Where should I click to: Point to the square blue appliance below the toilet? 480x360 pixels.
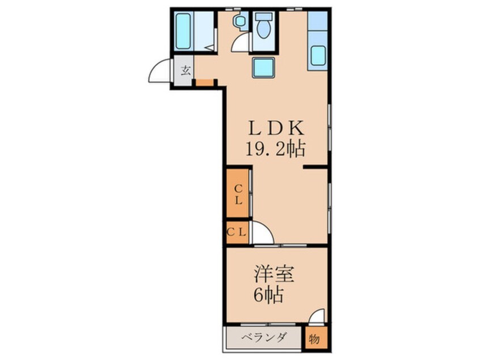point(263,68)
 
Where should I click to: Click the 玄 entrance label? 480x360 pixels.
point(185,71)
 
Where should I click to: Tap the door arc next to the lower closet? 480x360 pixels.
point(262,232)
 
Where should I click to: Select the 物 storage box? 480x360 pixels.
point(314,339)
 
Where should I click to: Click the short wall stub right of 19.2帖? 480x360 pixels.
point(315,168)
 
